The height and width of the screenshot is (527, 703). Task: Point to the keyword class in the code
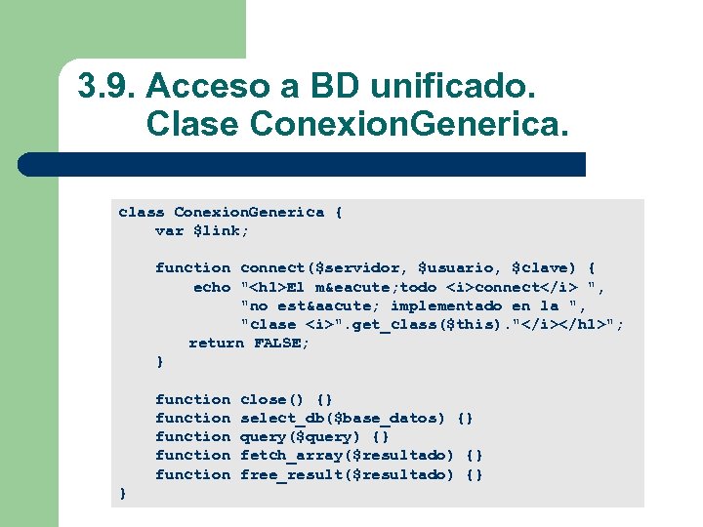142,212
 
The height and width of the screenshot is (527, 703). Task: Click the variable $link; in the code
222,230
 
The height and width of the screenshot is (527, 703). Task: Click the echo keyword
212,287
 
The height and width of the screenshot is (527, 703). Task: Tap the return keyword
216,343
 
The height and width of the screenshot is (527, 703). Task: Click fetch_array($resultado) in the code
347,455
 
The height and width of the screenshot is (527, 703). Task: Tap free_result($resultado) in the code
347,474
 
